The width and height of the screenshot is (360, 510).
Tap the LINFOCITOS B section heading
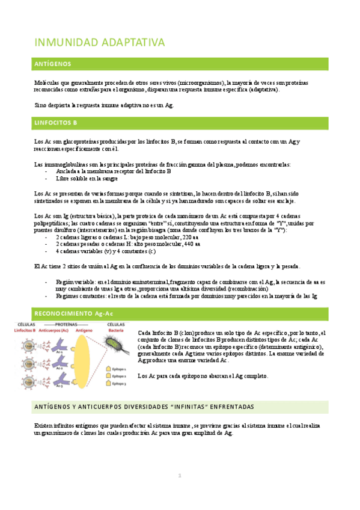coord(56,123)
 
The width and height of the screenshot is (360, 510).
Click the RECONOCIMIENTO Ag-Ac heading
coord(74,313)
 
